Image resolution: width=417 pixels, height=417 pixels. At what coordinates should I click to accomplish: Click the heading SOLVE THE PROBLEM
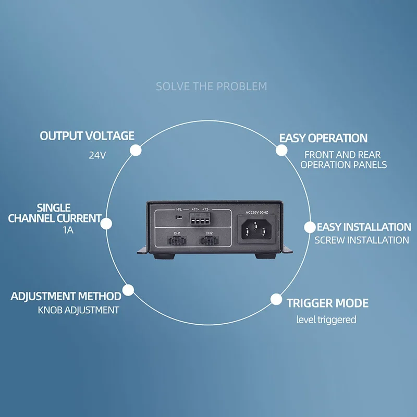pos(211,86)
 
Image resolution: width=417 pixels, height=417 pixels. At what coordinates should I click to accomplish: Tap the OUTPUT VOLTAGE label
pos(87,136)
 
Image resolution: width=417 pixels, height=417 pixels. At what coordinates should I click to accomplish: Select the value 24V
pos(97,155)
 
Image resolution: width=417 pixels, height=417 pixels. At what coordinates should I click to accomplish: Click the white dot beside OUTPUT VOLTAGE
pos(136,150)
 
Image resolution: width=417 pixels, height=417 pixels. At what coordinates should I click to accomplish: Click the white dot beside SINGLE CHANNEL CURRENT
pos(106,224)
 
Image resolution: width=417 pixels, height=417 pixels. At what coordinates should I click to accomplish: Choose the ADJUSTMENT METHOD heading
pos(66,297)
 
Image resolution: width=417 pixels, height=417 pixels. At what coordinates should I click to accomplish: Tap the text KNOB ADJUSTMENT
pos(78,310)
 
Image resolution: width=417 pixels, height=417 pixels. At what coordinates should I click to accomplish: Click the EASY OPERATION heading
pos(323,138)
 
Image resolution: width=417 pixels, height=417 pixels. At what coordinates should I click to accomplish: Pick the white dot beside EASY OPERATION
pos(281,150)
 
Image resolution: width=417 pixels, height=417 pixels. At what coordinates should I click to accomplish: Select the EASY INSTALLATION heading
pos(364,227)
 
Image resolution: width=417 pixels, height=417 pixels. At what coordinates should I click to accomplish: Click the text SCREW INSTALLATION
pos(362,240)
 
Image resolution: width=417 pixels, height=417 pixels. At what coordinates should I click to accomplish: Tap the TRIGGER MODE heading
pos(327,303)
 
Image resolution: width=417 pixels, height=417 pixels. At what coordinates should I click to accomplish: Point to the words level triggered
pos(326,320)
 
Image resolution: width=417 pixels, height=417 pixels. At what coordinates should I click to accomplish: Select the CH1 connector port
pos(177,241)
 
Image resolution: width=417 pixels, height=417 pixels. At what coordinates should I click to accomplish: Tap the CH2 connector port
pos(209,241)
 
